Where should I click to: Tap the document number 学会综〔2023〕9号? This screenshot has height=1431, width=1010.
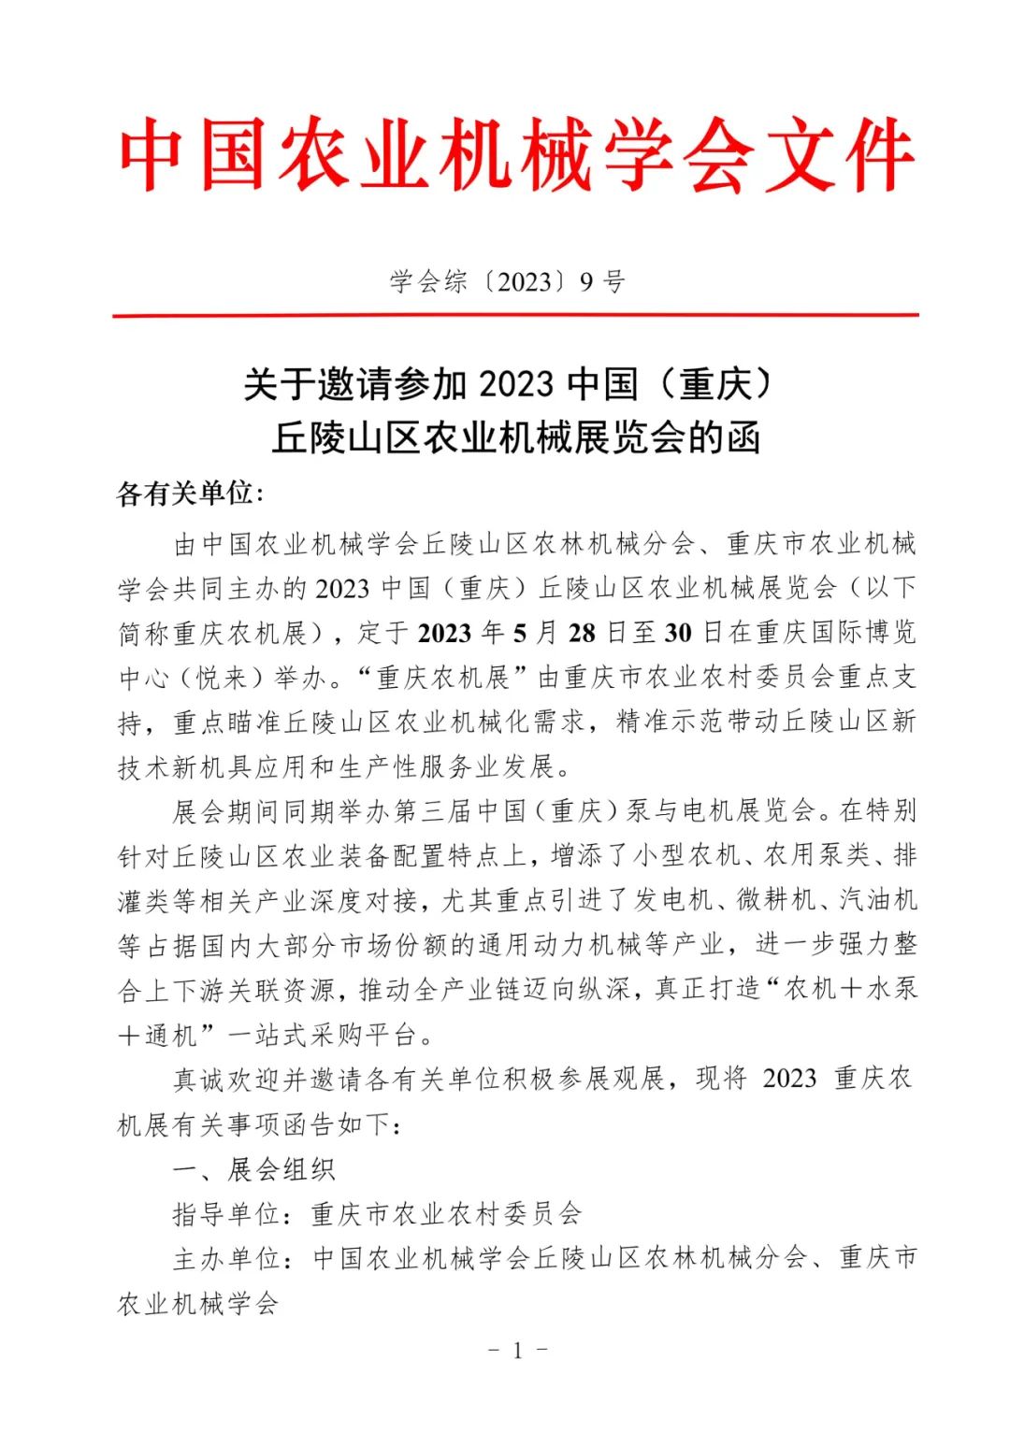[x=507, y=281]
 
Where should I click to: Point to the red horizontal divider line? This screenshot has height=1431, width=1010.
[x=515, y=316]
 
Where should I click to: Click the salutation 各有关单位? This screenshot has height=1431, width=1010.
[x=184, y=494]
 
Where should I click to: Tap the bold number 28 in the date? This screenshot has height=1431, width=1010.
[x=582, y=633]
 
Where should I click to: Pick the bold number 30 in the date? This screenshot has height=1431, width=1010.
[x=678, y=633]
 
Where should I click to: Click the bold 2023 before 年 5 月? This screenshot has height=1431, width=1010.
[x=445, y=633]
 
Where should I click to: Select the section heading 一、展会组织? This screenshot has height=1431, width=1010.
[x=253, y=1169]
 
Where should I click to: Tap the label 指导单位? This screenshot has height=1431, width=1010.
[x=225, y=1214]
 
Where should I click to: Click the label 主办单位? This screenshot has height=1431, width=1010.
[x=225, y=1259]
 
